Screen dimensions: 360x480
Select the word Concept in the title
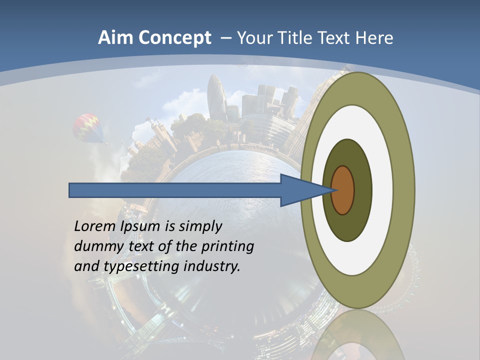pyautogui.click(x=174, y=38)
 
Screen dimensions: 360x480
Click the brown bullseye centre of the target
pyautogui.click(x=342, y=190)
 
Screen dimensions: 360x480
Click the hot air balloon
pyautogui.click(x=88, y=127)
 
